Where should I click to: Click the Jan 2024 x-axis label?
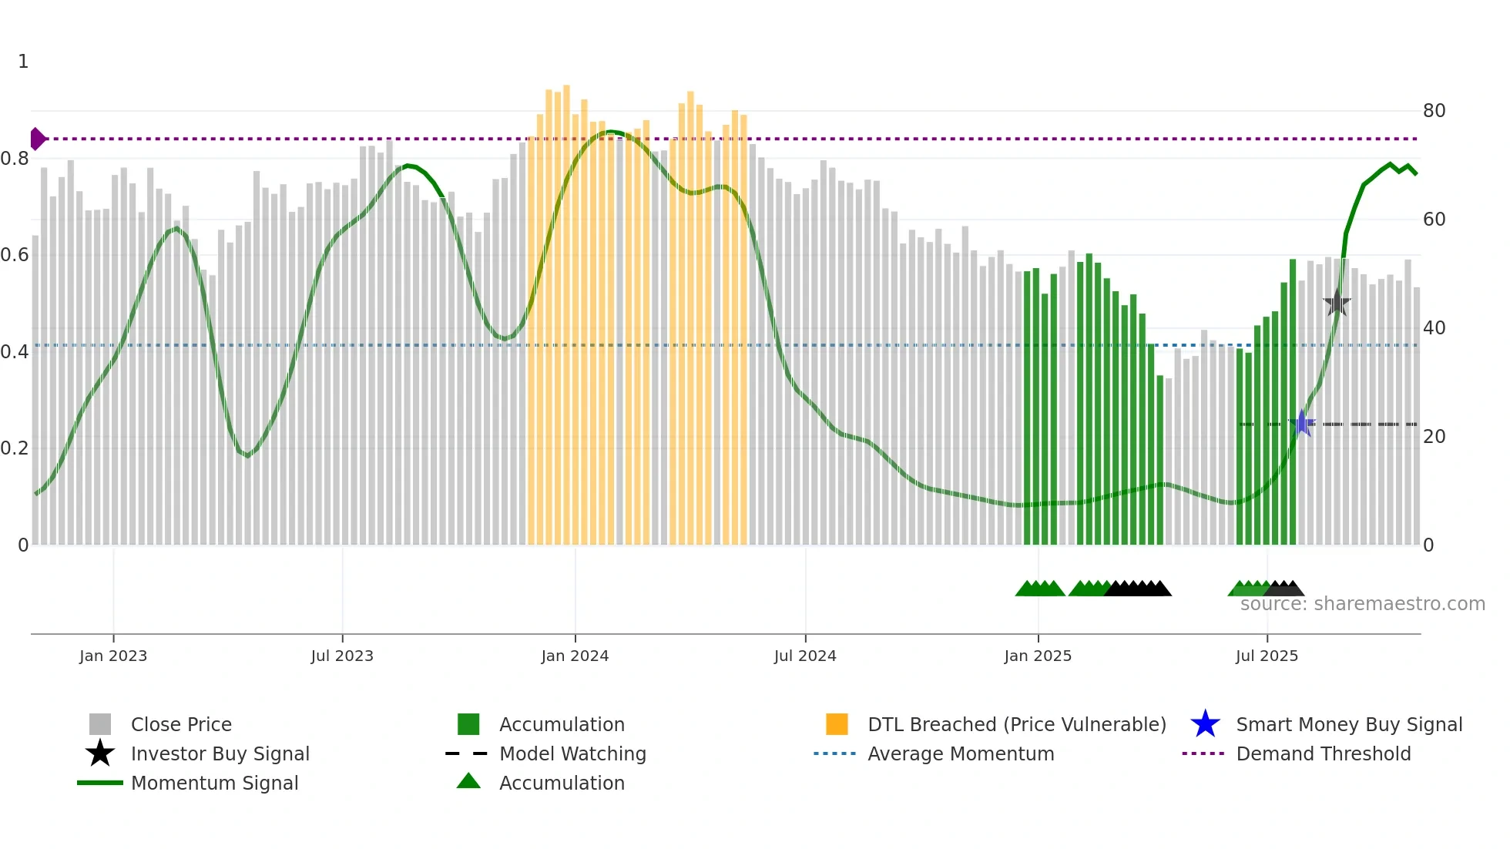coord(575,656)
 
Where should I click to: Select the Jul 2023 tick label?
coord(342,656)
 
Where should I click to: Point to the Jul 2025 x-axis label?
coord(1267,656)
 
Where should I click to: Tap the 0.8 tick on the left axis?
coord(15,159)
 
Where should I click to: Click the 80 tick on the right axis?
coord(1434,111)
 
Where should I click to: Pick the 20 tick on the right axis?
coord(1434,437)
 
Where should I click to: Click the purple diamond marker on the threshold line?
coord(37,139)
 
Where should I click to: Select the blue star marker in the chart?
coord(1302,423)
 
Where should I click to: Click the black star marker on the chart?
coord(1337,303)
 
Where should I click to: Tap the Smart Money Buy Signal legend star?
coord(1205,724)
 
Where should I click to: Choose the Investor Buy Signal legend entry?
coord(220,753)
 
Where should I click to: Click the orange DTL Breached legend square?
coord(837,724)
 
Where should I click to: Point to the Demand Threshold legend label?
coord(1323,753)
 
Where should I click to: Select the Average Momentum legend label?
coord(960,753)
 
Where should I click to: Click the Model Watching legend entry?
coord(572,753)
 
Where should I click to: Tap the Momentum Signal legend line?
coord(100,783)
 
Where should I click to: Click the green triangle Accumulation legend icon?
coord(468,781)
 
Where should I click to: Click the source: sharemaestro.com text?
coord(1362,604)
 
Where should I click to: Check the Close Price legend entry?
coord(180,724)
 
